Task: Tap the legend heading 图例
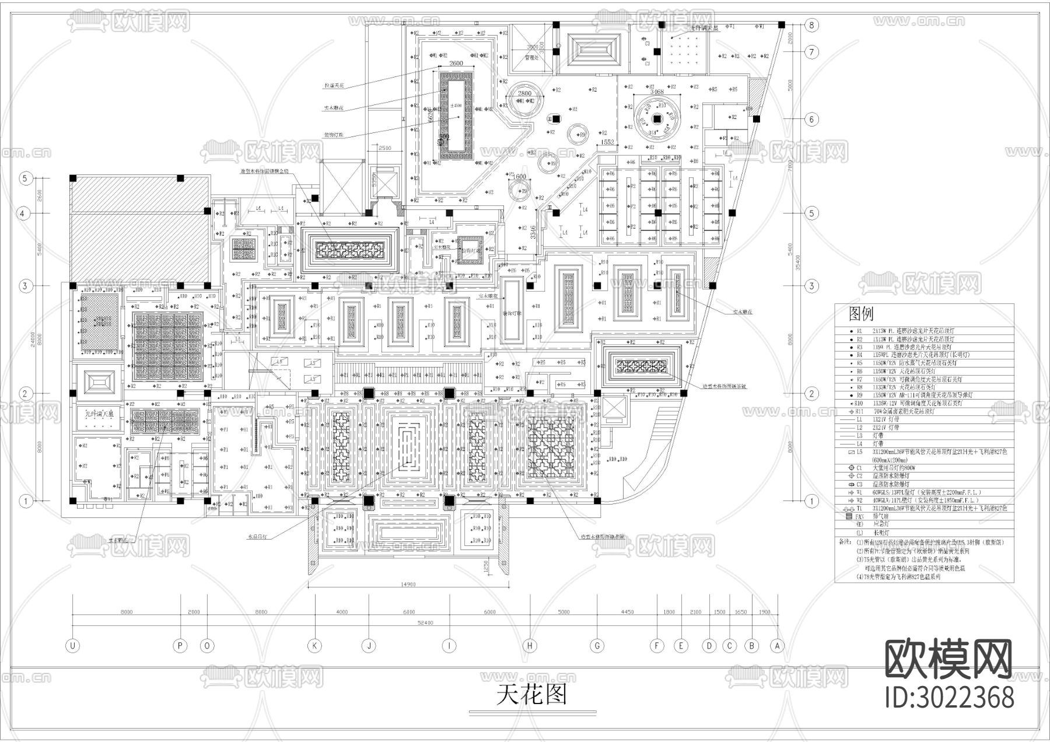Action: (861, 315)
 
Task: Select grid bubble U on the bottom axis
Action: (73, 646)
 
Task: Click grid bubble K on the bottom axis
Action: (315, 646)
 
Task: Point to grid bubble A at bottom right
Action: (776, 646)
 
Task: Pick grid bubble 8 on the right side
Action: (811, 25)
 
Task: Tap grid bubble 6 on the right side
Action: (811, 120)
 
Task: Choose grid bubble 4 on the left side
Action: (23, 213)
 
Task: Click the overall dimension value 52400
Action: (425, 623)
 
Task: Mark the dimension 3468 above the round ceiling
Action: (656, 92)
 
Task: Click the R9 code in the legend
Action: (859, 395)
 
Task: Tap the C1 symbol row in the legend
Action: (859, 468)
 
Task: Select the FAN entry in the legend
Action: (859, 517)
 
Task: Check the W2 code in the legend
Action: (859, 500)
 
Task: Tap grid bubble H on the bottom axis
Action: (530, 646)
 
